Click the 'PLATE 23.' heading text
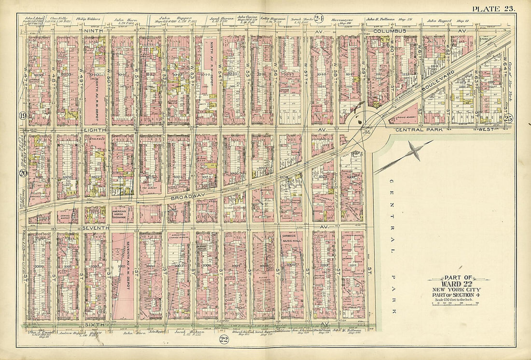[493, 8]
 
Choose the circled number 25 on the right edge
[507, 117]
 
